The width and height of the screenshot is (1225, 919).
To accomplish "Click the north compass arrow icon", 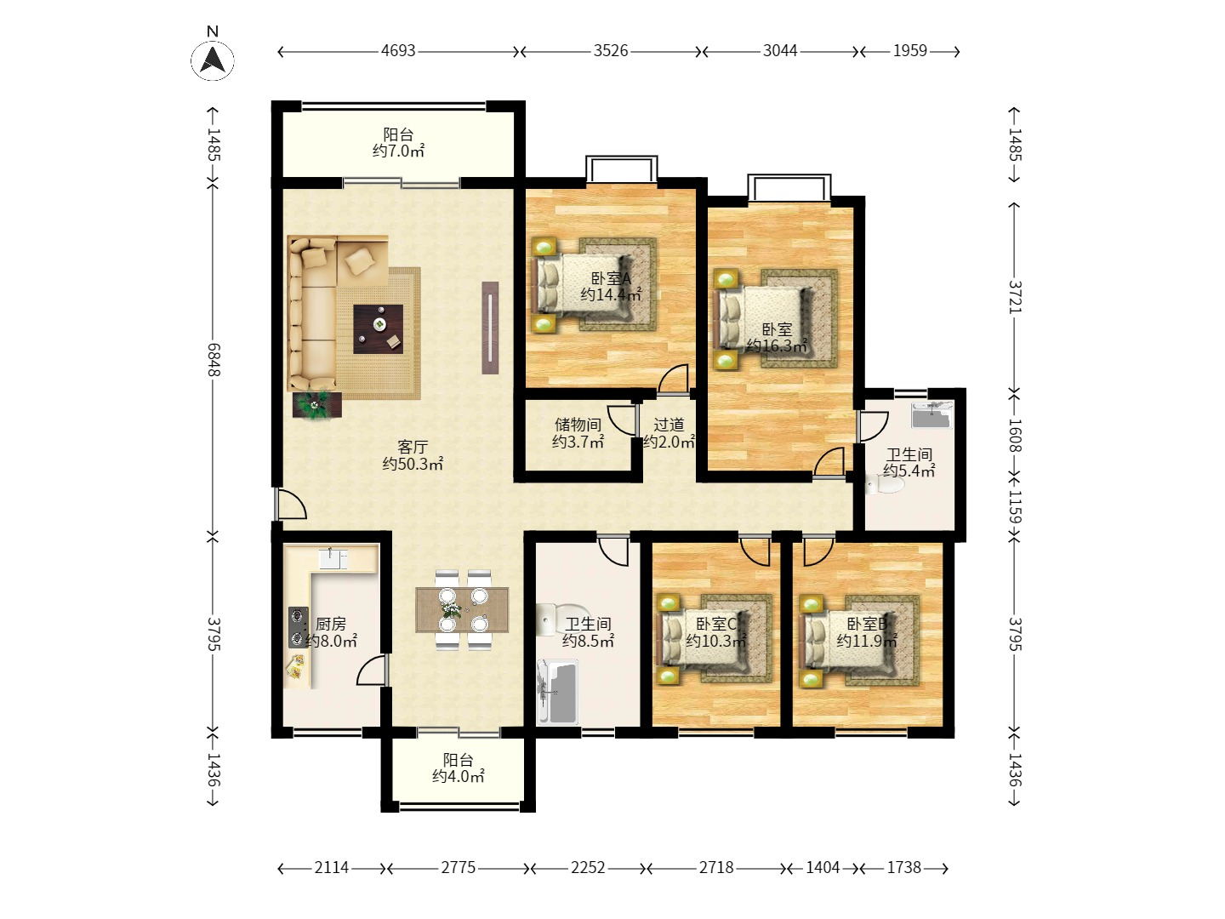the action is click(213, 60).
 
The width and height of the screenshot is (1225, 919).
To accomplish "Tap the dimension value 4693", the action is click(398, 51).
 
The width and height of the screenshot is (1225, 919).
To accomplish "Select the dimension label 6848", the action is click(214, 360).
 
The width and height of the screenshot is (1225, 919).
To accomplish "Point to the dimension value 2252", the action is click(588, 868).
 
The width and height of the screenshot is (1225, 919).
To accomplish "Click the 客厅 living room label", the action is click(413, 447).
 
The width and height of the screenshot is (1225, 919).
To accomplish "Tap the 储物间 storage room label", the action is click(578, 425).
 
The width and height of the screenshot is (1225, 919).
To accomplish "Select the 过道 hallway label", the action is click(669, 425).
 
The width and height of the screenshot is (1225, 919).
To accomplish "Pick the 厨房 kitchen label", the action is click(331, 623).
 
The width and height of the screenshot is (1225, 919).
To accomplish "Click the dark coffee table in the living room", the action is click(379, 328).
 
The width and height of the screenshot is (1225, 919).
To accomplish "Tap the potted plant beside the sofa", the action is click(317, 404).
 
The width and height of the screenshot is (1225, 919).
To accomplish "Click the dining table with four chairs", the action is click(462, 610).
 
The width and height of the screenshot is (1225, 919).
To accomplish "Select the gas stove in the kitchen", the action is click(298, 627).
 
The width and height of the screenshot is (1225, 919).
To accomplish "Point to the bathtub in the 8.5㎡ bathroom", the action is click(557, 692).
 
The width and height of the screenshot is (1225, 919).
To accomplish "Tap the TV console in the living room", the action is click(490, 328).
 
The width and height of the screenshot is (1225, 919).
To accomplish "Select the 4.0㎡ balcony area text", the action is click(458, 776).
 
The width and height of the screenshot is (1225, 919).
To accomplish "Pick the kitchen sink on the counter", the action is click(333, 559).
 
